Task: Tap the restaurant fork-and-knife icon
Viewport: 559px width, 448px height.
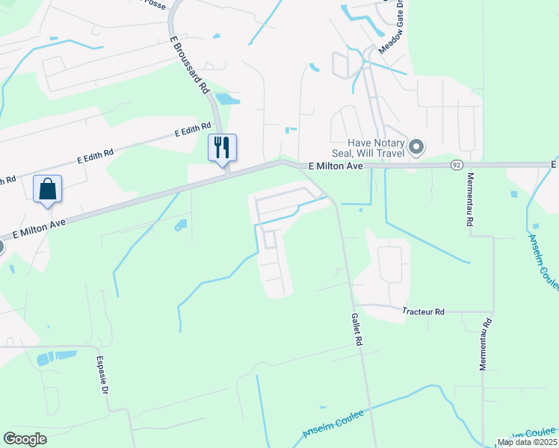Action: click(x=221, y=146)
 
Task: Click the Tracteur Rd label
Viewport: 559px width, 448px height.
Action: click(x=422, y=311)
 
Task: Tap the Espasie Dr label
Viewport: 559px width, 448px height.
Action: click(x=102, y=373)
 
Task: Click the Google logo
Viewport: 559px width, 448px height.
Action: click(x=25, y=439)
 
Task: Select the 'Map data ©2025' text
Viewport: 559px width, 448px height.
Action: click(x=527, y=442)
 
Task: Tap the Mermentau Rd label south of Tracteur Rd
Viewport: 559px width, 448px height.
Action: click(x=486, y=345)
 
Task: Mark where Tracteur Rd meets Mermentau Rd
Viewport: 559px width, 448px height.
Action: click(x=493, y=312)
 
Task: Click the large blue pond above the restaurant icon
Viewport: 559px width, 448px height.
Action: click(x=227, y=99)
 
